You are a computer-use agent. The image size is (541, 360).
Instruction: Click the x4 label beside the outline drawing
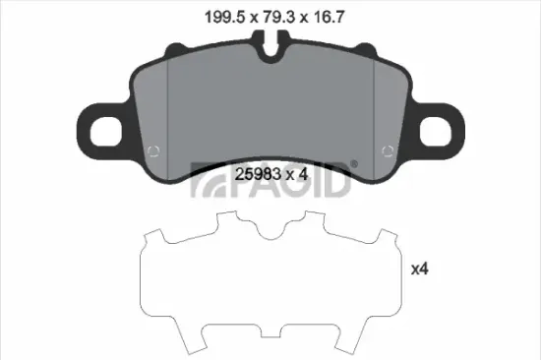(420, 268)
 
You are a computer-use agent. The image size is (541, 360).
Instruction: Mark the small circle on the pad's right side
(390, 151)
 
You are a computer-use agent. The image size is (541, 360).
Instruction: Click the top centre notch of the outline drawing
(270, 234)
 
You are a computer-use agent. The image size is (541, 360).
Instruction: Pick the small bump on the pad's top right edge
(367, 47)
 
